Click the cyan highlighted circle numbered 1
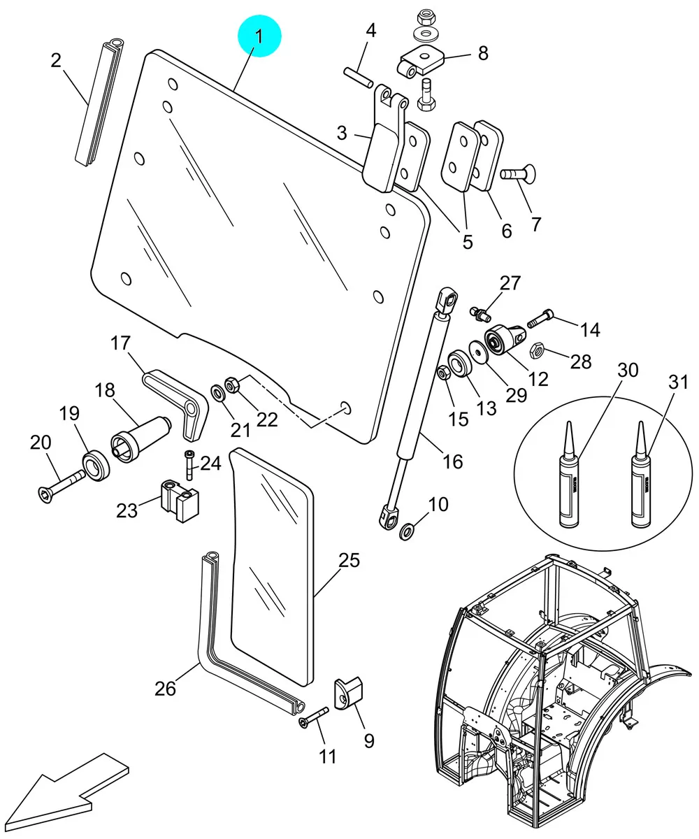259,36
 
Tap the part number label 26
165,689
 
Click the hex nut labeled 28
537,350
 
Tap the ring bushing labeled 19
96,466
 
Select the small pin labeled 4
359,78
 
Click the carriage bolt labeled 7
517,173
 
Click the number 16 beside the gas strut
453,461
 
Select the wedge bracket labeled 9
349,694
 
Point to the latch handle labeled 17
177,402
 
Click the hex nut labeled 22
232,385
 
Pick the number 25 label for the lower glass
349,560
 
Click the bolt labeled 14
540,318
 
